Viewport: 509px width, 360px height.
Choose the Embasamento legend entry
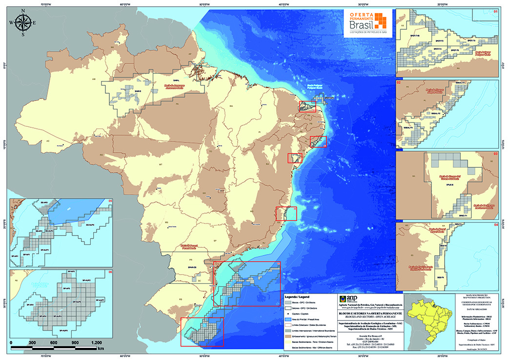[308, 336]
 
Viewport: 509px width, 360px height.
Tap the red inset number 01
[495, 11]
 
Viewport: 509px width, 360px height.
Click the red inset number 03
[495, 155]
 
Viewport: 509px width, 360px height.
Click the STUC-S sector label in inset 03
[450, 185]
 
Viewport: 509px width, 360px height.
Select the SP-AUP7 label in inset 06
[101, 299]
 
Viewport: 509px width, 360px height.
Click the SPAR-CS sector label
[192, 267]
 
